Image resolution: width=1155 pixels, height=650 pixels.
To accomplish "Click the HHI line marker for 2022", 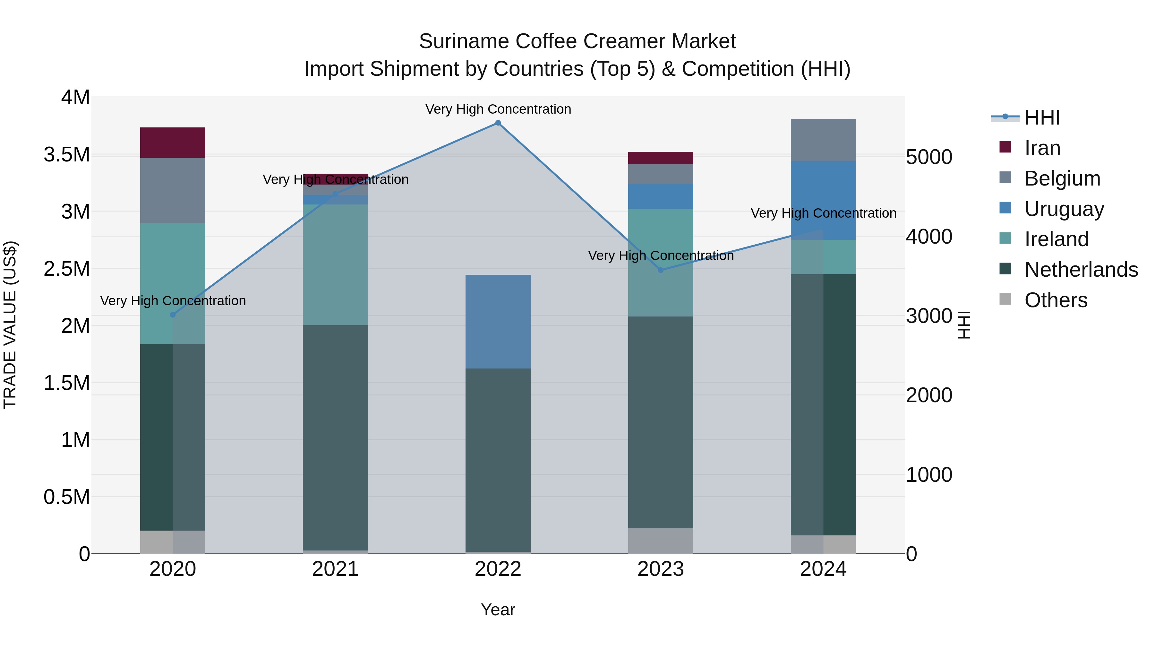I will [498, 123].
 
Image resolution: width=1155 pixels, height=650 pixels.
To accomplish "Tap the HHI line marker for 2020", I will [173, 315].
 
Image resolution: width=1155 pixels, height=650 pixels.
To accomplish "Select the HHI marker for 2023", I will [661, 270].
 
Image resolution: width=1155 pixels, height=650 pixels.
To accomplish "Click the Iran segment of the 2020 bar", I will [173, 143].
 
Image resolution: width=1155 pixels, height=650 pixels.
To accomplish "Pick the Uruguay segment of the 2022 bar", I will [498, 321].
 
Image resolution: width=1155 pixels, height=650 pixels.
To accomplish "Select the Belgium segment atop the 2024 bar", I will [823, 140].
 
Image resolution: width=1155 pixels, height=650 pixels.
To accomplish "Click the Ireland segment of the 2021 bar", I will [335, 265].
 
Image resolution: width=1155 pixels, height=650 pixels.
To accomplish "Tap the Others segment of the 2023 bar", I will [661, 541].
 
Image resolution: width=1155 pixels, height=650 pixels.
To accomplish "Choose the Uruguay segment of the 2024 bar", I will [823, 200].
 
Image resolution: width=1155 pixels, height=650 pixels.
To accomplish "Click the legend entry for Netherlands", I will [1081, 270].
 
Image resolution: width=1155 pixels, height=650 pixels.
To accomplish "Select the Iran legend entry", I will [1042, 148].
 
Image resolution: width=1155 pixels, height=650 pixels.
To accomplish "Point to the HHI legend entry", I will [1042, 117].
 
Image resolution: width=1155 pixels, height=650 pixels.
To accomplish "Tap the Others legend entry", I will [1056, 300].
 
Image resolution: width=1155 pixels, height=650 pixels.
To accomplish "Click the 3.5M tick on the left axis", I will [66, 154].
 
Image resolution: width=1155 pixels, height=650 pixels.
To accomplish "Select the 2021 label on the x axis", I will [335, 569].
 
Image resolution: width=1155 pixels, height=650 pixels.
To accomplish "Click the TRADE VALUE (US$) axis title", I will [10, 325].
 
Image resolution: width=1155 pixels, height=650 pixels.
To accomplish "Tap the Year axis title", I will [498, 610].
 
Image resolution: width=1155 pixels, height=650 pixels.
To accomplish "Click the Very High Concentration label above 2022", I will [498, 109].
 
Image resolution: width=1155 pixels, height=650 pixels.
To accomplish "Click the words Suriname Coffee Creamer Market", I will [577, 41].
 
